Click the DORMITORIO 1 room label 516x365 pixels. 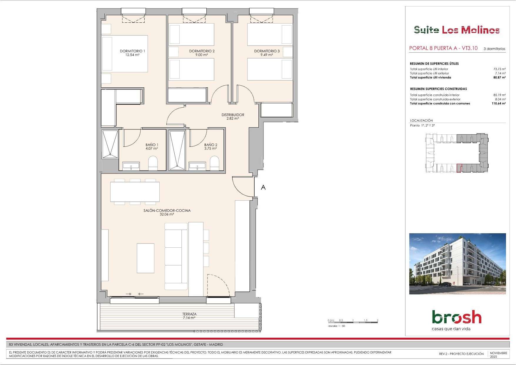click(x=132, y=51)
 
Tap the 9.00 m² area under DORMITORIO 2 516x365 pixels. click(x=202, y=55)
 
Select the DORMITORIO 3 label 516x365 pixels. click(x=267, y=51)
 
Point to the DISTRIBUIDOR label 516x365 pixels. click(x=233, y=115)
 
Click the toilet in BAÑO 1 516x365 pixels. click(x=153, y=163)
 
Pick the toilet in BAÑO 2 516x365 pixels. click(x=215, y=163)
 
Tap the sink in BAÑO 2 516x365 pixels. click(x=197, y=166)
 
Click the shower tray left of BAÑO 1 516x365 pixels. click(x=110, y=144)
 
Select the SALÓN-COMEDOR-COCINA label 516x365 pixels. click(x=167, y=211)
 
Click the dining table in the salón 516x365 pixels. click(x=135, y=192)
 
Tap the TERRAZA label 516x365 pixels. click(x=189, y=314)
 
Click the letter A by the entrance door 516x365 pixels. click(x=263, y=187)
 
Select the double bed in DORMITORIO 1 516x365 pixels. click(x=125, y=54)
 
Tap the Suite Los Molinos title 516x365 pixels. click(x=457, y=30)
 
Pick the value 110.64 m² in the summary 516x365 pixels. click(x=499, y=104)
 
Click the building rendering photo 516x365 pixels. click(x=457, y=264)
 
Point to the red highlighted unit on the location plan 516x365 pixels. click(x=459, y=168)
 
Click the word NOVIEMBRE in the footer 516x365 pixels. click(x=499, y=353)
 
